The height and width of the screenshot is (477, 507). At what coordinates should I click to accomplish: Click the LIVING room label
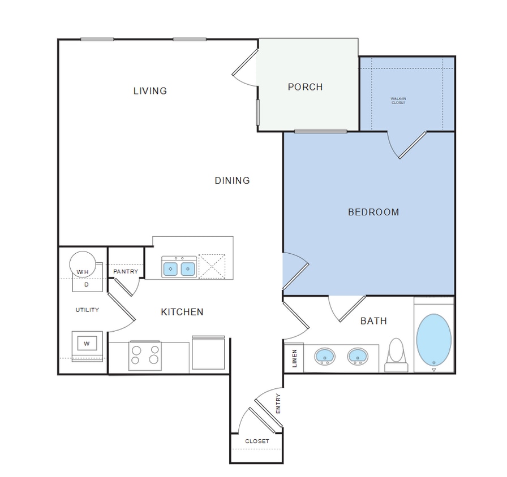tap(150, 90)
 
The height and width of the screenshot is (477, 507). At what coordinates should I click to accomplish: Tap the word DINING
tap(232, 181)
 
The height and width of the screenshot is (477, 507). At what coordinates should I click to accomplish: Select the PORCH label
tap(305, 87)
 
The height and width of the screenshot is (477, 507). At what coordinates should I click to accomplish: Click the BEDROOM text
tap(373, 213)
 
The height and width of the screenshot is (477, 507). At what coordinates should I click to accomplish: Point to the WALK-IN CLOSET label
tap(398, 101)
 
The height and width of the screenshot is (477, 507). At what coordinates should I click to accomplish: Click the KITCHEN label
tap(182, 312)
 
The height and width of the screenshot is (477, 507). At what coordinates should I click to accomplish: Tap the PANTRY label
tap(126, 272)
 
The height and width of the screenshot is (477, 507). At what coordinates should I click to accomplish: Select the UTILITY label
tap(87, 310)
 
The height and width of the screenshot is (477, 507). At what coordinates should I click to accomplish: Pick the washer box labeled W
tap(87, 343)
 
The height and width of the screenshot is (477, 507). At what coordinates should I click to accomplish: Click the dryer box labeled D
tap(87, 285)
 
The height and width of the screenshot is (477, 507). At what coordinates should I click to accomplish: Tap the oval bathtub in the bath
tap(434, 339)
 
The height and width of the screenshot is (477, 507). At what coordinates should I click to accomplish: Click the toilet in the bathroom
tap(396, 355)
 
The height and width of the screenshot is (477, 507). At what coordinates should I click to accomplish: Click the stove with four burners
tap(145, 355)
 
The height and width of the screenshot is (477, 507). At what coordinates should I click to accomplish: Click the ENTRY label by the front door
tap(278, 404)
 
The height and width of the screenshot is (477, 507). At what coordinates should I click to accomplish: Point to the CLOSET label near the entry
tap(257, 441)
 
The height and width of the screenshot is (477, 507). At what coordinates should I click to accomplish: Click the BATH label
tap(373, 321)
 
